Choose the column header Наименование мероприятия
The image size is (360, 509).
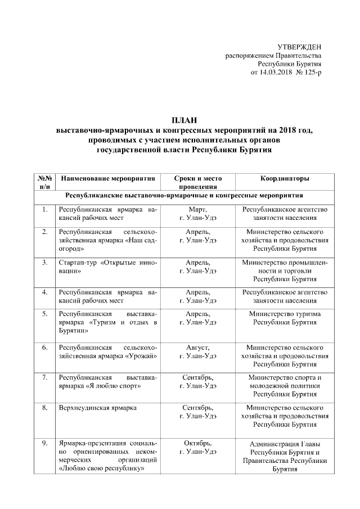[107, 178]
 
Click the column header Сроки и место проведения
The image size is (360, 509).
[197, 183]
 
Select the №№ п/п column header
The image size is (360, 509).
[45, 183]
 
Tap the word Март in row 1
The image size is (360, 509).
[197, 210]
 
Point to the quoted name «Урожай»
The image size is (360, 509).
[138, 357]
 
